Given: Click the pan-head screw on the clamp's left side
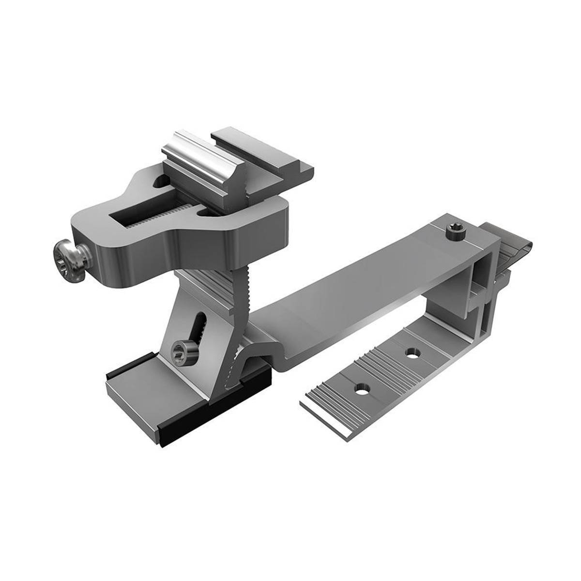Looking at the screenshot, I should (x=68, y=256).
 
